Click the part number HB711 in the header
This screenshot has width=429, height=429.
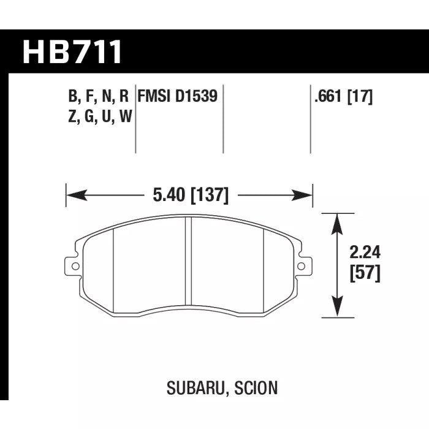tap(72, 53)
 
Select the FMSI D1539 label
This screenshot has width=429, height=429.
tap(178, 97)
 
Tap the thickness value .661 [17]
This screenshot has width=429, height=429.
tap(343, 97)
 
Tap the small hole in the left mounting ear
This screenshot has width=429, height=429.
tap(74, 266)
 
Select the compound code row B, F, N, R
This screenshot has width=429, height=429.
tap(99, 97)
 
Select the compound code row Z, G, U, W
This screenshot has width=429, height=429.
tap(99, 116)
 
